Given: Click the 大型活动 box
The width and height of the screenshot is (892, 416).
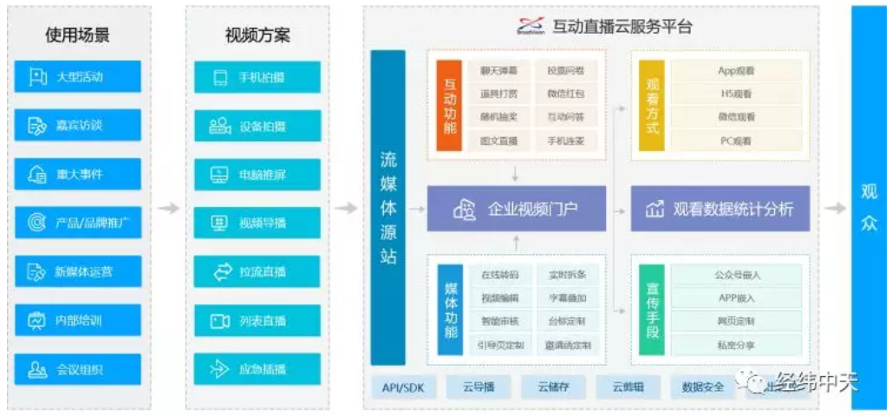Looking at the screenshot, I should click(77, 76).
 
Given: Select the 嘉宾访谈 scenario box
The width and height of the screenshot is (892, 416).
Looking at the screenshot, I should click(77, 126).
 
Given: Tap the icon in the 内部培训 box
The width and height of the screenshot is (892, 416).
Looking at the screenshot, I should click(36, 321).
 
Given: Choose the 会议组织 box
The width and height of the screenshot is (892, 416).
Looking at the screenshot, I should click(77, 370).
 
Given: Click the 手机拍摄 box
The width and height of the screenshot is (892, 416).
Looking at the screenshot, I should click(257, 77).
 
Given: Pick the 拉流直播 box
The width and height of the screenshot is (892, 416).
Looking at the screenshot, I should click(257, 272).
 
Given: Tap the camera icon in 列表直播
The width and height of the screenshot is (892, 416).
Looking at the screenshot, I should click(220, 322).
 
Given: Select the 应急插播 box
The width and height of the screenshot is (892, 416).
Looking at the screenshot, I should click(257, 370).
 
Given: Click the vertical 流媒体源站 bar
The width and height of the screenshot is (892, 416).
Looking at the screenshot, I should click(387, 208).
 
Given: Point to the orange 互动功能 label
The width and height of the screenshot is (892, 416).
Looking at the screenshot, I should click(448, 105).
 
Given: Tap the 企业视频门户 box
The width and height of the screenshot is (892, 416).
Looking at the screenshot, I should click(516, 209).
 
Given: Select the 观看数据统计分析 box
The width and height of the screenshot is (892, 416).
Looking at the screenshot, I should click(719, 209).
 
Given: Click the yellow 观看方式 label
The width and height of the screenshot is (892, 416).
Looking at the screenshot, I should click(652, 105).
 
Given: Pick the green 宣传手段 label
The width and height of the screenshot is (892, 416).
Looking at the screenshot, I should click(652, 310).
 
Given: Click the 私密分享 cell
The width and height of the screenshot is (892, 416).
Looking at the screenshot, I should click(735, 345).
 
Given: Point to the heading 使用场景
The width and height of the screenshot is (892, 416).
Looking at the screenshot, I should click(78, 36).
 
